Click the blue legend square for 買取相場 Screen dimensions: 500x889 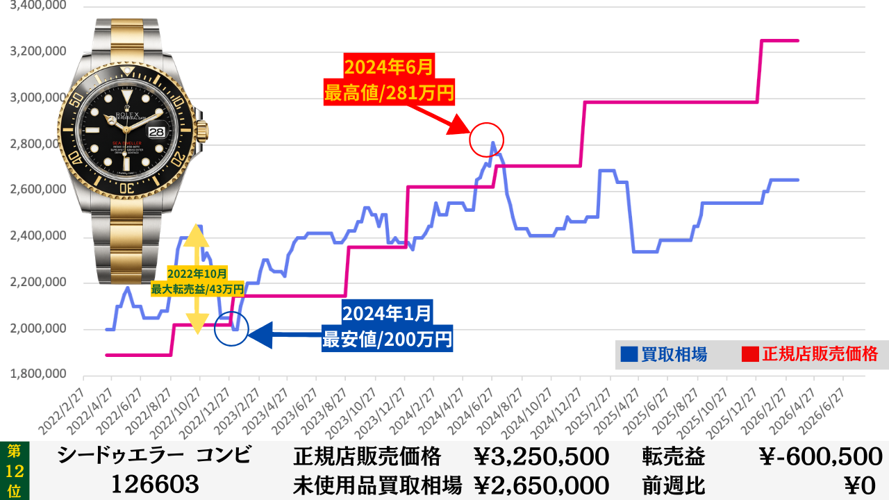point(629,355)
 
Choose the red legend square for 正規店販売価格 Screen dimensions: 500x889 point(750,355)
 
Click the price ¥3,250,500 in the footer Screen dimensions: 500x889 point(541,457)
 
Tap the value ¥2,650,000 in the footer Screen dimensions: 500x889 point(541,485)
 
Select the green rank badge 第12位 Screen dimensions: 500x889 point(14,471)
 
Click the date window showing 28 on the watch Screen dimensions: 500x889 point(158,130)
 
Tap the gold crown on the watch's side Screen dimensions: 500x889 point(203,129)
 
